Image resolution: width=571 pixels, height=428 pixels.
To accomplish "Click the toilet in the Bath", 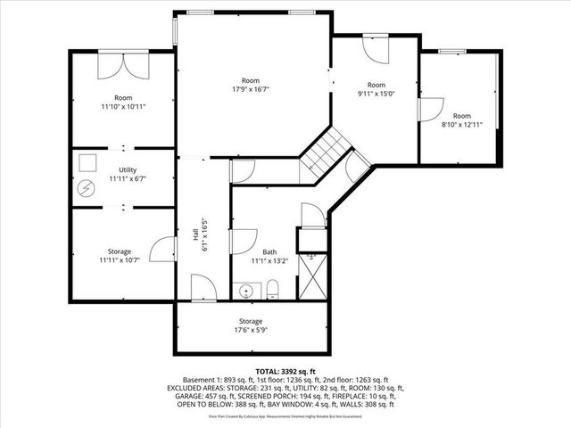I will (x=274, y=288).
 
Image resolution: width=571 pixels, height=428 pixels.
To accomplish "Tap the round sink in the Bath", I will (x=246, y=289).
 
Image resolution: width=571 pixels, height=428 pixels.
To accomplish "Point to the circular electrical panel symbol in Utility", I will (x=86, y=189).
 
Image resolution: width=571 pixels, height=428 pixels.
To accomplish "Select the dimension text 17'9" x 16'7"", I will (x=251, y=89).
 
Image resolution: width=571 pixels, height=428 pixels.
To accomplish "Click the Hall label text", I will (x=195, y=234).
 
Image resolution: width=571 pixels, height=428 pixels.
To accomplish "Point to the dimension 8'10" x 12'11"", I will (x=460, y=125).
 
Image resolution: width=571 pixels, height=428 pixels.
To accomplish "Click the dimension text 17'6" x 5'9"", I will (x=251, y=330).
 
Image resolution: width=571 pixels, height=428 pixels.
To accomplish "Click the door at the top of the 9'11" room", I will (x=373, y=50).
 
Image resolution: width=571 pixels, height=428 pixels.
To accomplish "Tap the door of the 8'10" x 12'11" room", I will (x=430, y=110).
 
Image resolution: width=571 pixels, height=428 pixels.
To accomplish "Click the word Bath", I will (x=269, y=251).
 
